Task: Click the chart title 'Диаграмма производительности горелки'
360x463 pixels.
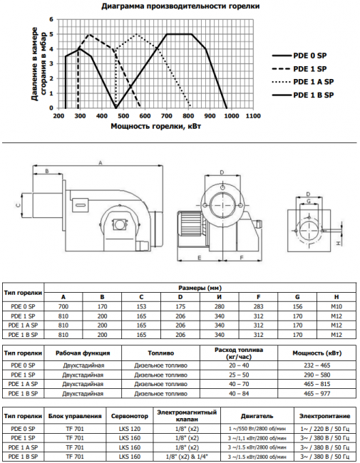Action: click(180, 6)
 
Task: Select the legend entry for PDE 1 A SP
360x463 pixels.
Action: click(303, 82)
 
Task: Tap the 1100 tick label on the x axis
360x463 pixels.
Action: click(252, 115)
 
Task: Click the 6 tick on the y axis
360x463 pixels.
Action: click(51, 19)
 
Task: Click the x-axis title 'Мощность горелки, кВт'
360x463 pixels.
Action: click(156, 126)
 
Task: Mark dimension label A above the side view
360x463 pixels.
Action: click(101, 162)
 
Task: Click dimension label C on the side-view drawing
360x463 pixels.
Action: click(18, 206)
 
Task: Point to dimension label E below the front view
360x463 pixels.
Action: click(199, 258)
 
